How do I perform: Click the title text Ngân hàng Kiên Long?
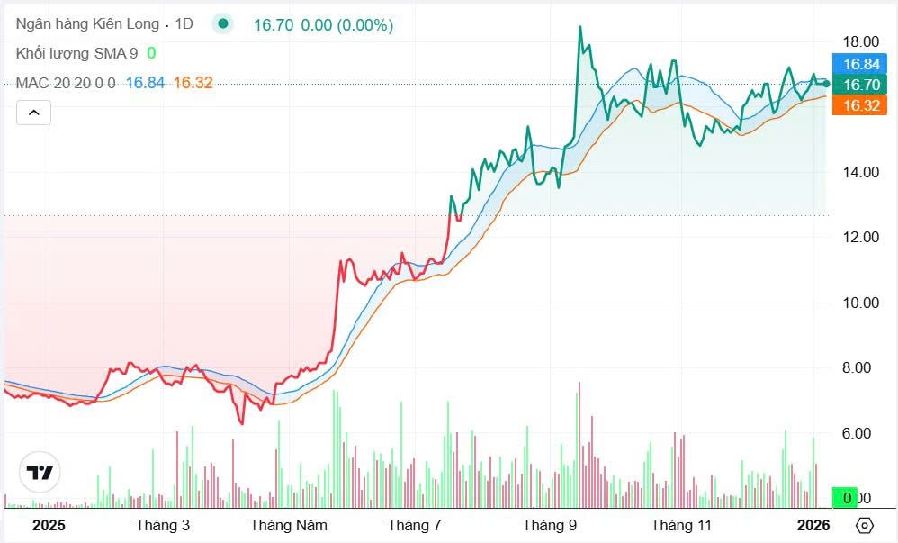(87, 24)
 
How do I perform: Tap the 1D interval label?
(184, 24)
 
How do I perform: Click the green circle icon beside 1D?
(222, 24)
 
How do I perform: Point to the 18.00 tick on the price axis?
(861, 41)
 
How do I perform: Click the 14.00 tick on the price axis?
(861, 172)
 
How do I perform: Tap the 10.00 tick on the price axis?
(861, 303)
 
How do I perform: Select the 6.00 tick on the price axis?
(861, 433)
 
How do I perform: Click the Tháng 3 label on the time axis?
(163, 525)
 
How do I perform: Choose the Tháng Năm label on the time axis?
(289, 525)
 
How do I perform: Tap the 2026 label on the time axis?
(813, 525)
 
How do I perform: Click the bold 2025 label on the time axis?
(49, 525)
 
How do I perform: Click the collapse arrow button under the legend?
(33, 113)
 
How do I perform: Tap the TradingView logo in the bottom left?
(40, 473)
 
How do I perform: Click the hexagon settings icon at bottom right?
(865, 525)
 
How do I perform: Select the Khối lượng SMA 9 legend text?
(76, 53)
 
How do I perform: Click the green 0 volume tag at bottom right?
(845, 498)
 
